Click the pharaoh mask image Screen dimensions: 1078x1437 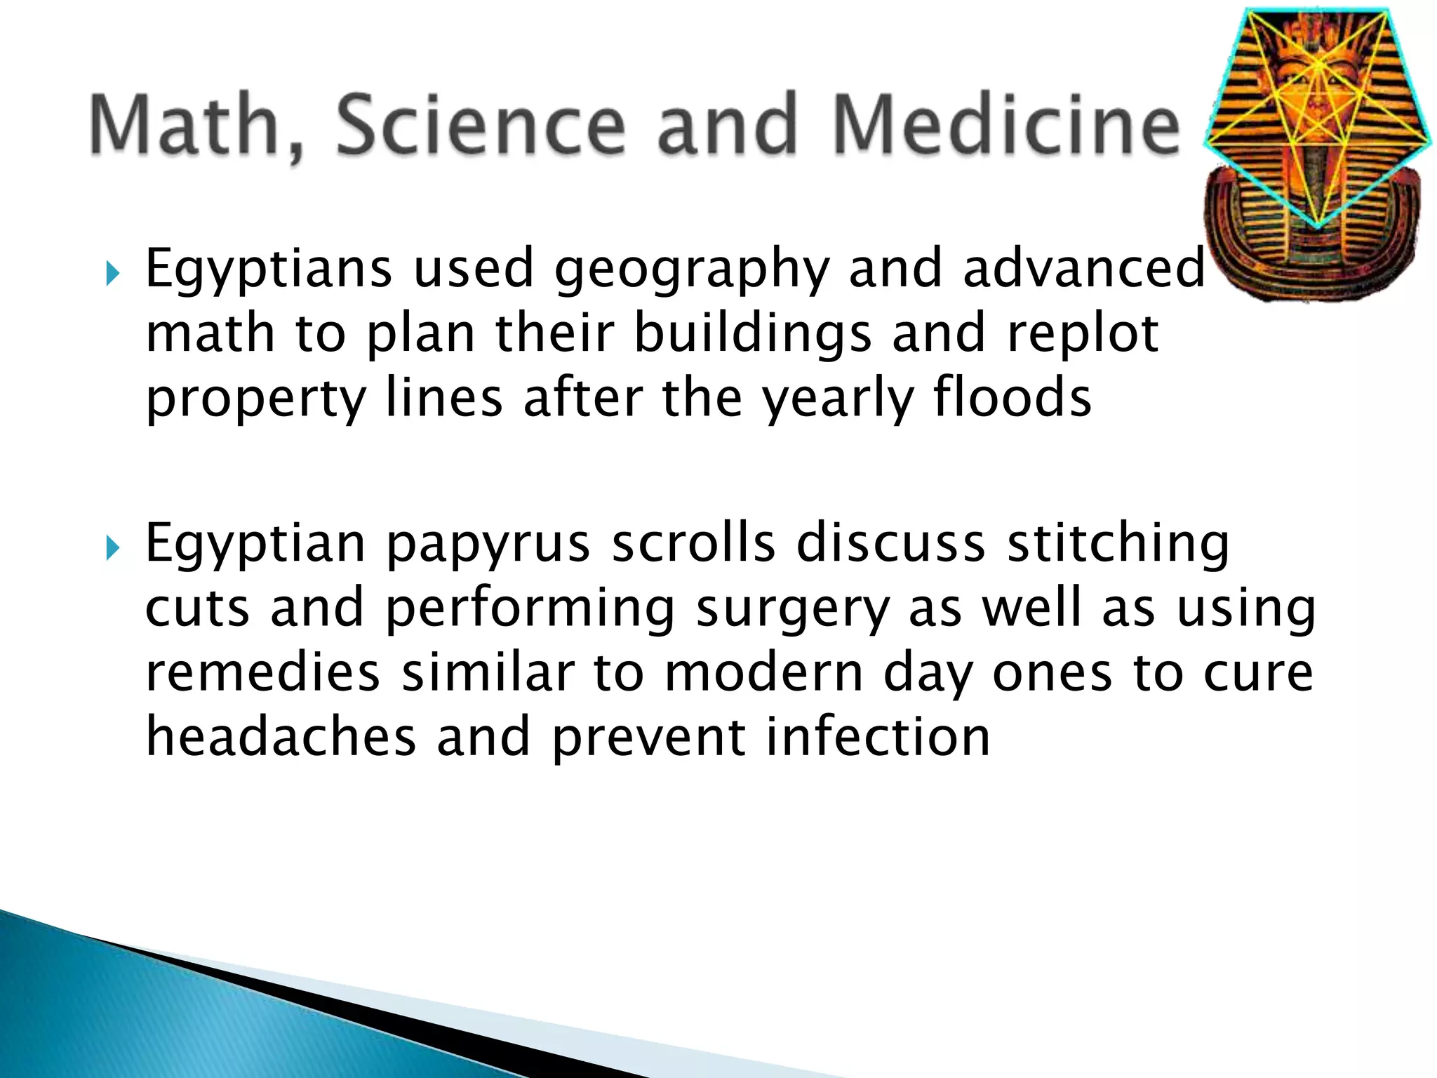(1318, 154)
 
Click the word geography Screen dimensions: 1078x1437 (691, 270)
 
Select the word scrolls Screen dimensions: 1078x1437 (693, 543)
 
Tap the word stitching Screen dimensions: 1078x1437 (1118, 545)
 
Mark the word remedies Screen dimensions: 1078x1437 (262, 672)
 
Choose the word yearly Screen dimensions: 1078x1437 (838, 399)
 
